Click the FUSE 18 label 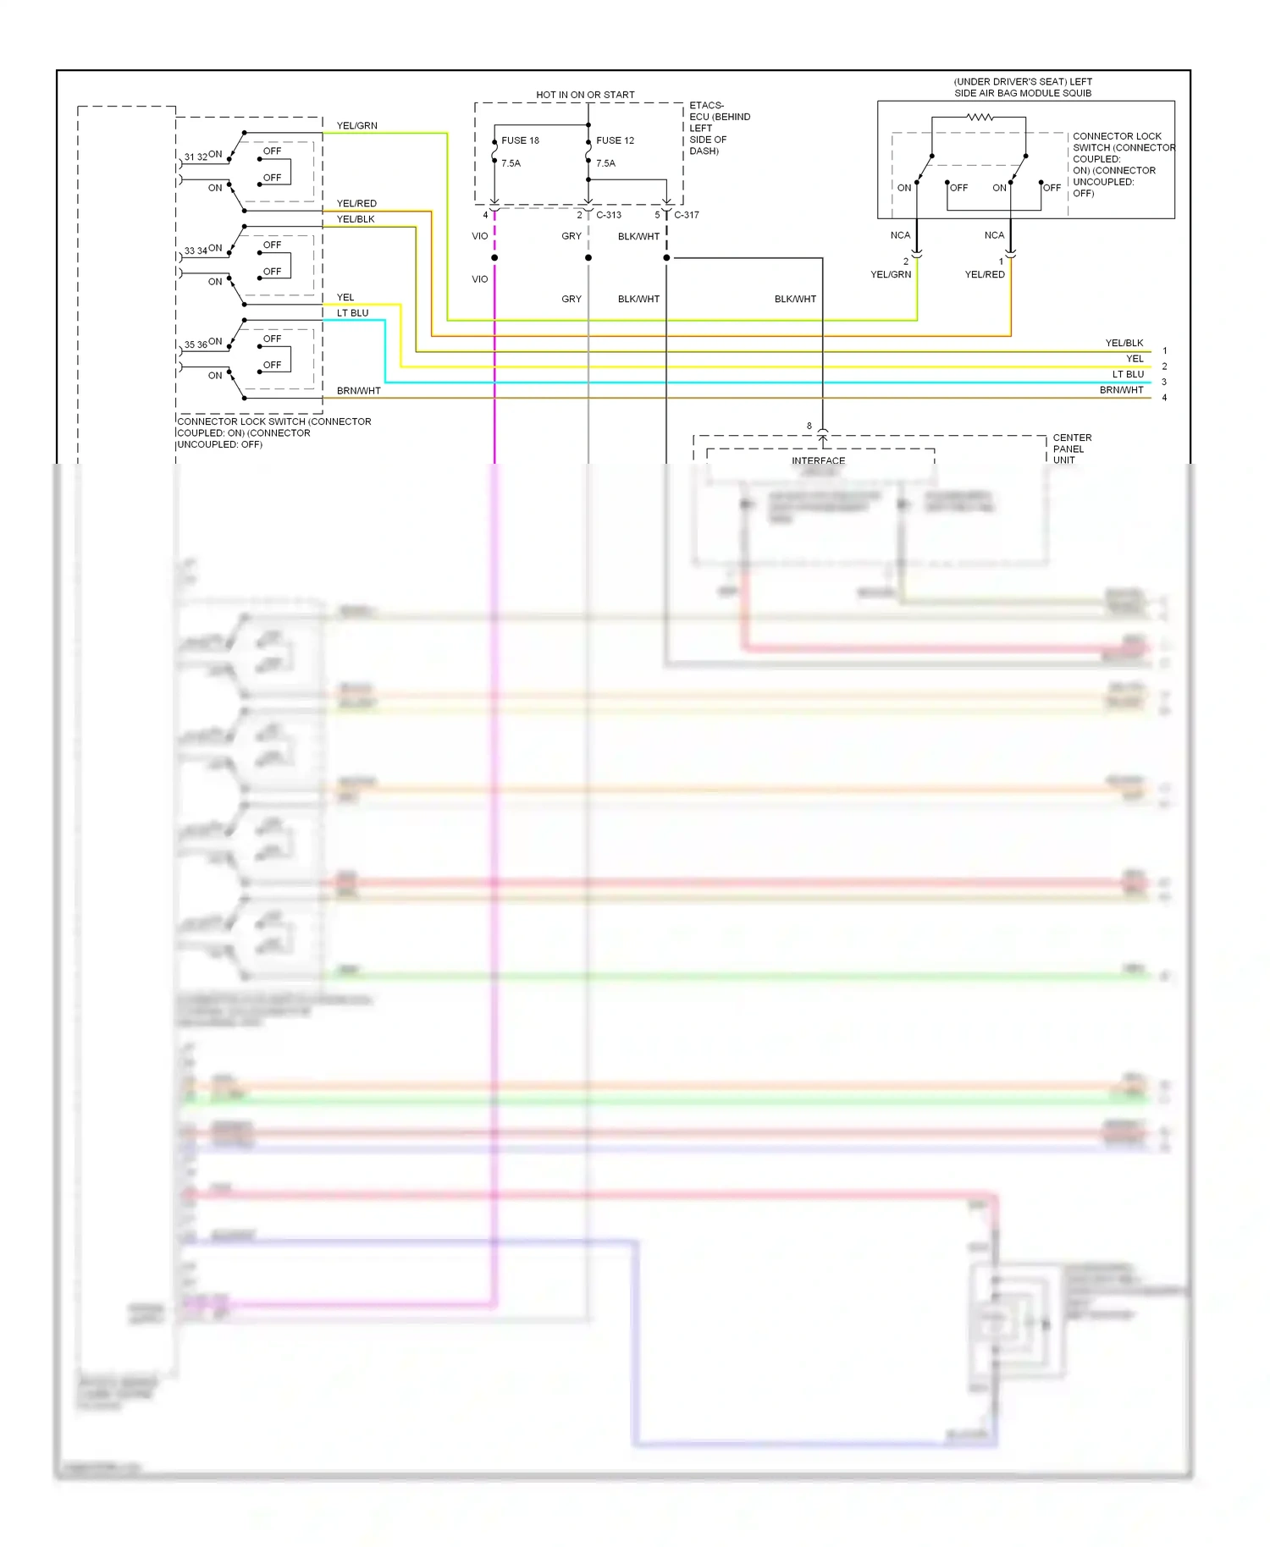520,140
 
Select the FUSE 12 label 615,140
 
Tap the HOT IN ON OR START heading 585,95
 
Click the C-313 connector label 609,215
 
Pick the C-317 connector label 687,215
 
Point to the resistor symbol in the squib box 980,117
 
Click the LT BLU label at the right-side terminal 1128,374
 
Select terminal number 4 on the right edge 1164,398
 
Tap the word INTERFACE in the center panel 818,461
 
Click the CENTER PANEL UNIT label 1071,449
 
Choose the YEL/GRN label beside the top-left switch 356,126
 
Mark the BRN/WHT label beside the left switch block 358,391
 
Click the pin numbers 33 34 196,251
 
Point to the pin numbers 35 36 196,345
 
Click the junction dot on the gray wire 588,258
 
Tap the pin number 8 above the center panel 809,427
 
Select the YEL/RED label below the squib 985,275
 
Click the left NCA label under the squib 900,235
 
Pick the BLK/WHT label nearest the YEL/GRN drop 795,300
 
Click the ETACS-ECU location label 719,129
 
